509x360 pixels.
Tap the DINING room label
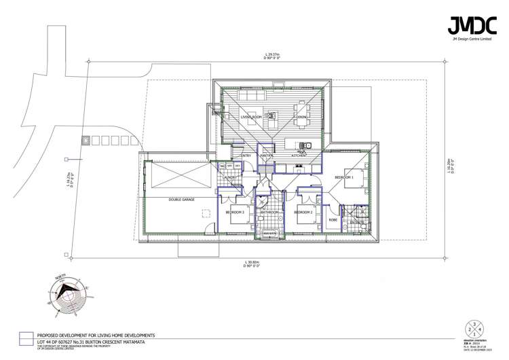coord(302,118)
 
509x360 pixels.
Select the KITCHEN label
coord(299,156)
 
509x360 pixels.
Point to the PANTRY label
coord(266,156)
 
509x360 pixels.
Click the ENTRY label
coord(245,156)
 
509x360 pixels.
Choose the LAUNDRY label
coord(229,177)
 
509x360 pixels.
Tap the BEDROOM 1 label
coord(344,177)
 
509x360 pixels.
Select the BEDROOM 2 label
coord(303,212)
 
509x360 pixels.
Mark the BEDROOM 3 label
coord(235,212)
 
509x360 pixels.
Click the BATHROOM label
coord(269,212)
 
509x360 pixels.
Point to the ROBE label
coord(333,219)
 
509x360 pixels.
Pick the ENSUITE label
coord(358,222)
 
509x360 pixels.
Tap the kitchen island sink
coord(307,144)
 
